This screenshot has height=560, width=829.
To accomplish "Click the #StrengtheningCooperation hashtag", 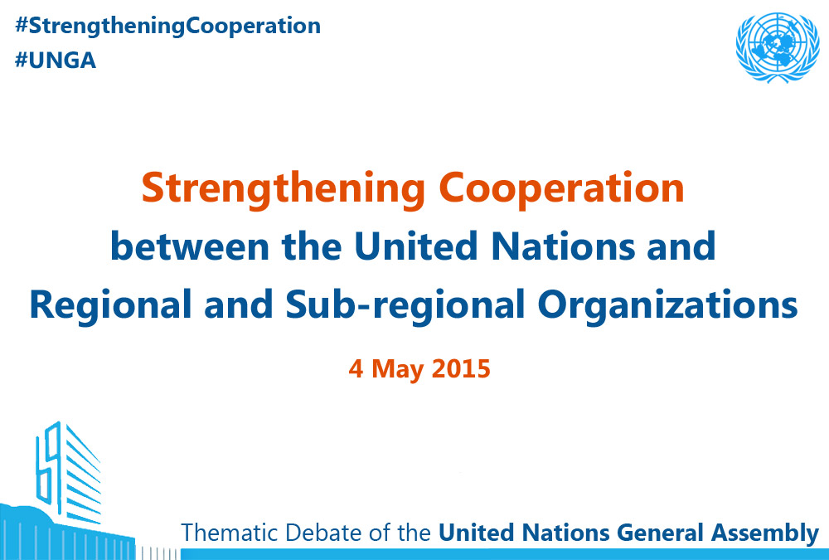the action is point(167,27).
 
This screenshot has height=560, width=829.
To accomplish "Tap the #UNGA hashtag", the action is point(56,61).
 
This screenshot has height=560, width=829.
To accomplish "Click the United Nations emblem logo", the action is point(778,47).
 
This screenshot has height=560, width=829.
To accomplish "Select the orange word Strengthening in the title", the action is point(284,189).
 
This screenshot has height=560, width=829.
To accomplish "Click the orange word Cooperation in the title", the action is point(561,189).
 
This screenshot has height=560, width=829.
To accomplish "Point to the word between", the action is point(190,246).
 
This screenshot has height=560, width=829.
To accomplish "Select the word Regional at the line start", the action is point(110,306).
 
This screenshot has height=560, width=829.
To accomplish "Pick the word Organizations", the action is point(667,306).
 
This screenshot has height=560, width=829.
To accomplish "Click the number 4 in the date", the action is point(356,369).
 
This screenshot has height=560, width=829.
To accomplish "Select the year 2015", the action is point(461,369).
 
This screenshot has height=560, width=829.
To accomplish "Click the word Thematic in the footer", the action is point(230,533).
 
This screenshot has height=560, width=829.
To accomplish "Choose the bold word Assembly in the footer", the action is point(764,533).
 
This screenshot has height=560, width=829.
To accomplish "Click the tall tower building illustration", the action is point(69,471).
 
